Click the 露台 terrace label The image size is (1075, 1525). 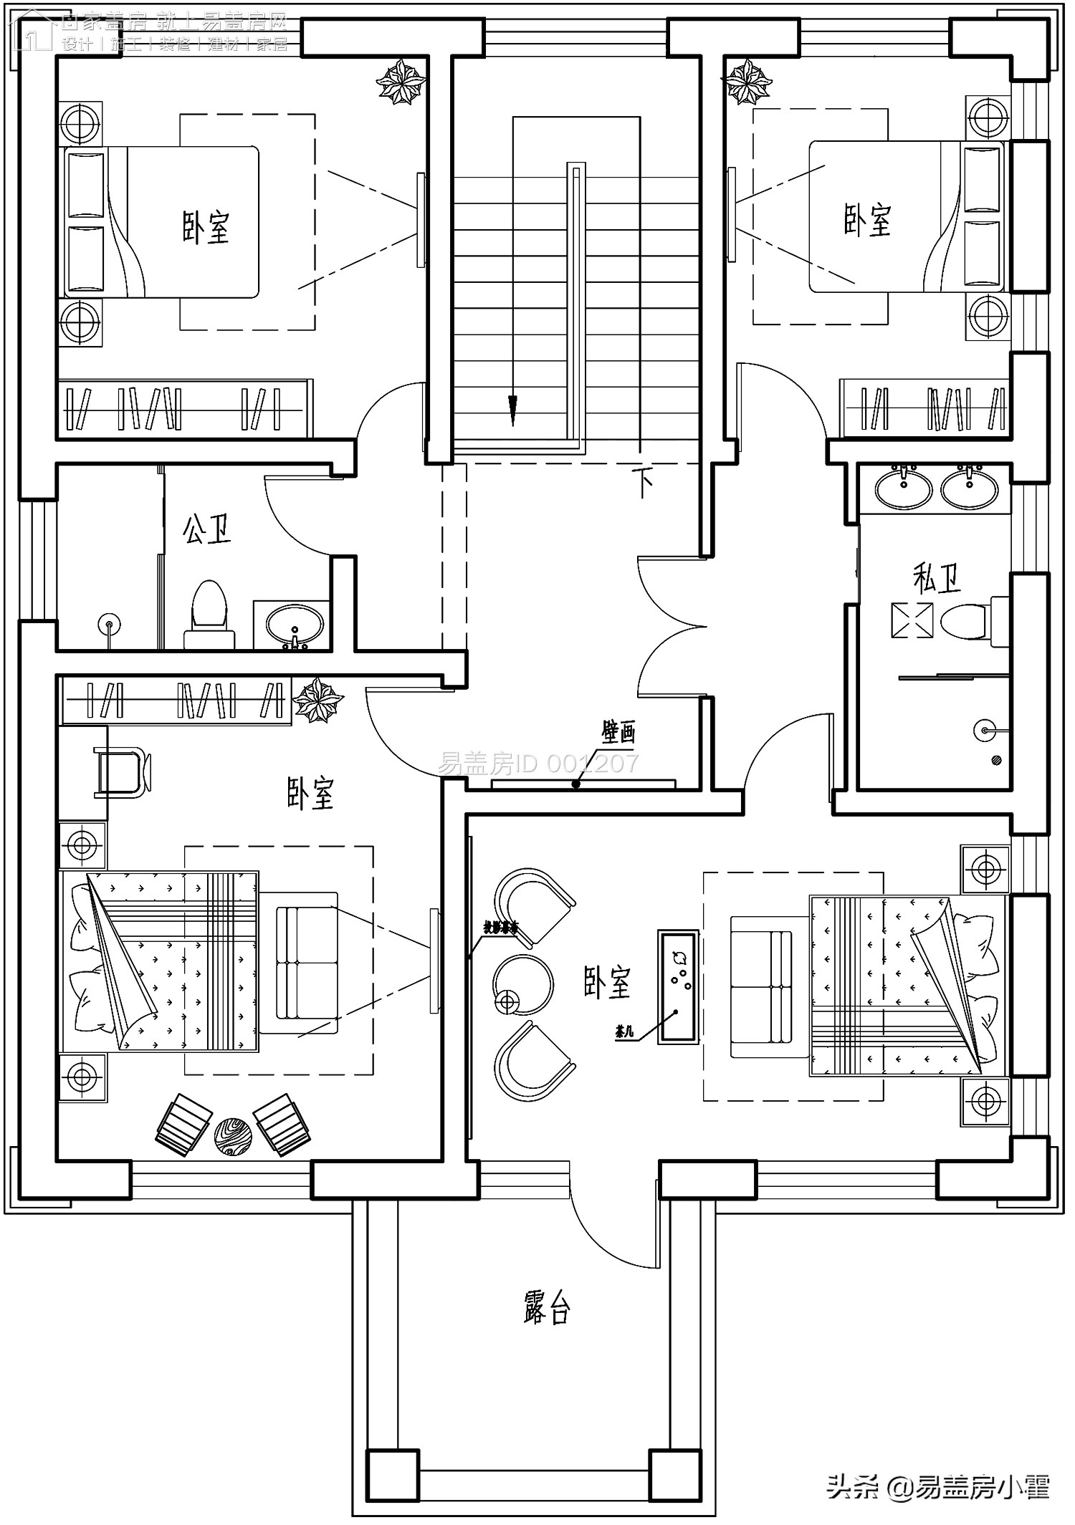(546, 1309)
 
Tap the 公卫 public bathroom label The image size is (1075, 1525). (207, 529)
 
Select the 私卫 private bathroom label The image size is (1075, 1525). (937, 577)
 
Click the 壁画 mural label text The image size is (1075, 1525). (618, 733)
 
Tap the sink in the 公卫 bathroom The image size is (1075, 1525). (294, 624)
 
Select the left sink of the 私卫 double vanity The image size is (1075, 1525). (903, 487)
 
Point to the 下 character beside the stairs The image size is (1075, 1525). (644, 484)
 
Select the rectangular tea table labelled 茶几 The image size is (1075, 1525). (679, 986)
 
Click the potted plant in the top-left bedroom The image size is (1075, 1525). (401, 82)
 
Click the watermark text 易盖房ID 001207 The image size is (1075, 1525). (537, 764)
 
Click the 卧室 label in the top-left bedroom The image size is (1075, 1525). (206, 228)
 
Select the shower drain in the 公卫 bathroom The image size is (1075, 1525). (109, 623)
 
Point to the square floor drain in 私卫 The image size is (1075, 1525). (912, 620)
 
